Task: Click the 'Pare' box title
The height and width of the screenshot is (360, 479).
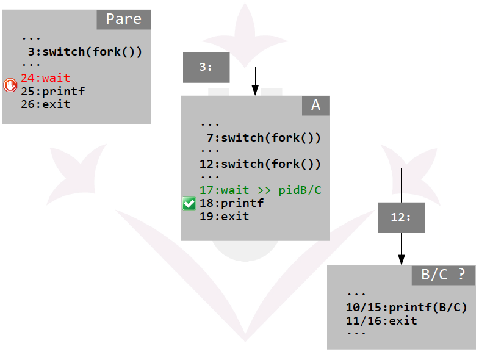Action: tap(123, 19)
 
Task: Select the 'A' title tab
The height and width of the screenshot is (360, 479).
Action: tap(315, 105)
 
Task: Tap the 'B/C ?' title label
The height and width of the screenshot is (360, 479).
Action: tap(444, 275)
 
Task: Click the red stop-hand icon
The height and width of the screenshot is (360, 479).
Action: tap(10, 85)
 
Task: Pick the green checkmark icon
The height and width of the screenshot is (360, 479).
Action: tap(189, 204)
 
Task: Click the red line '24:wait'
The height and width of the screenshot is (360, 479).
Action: tap(45, 78)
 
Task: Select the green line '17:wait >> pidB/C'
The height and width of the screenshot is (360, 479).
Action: tap(260, 190)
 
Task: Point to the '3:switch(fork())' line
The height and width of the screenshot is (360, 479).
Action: tap(84, 51)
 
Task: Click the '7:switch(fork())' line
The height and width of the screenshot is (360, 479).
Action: tap(263, 138)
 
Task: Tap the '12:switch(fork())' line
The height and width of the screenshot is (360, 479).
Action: tap(260, 164)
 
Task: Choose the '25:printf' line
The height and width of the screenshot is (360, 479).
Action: tap(52, 92)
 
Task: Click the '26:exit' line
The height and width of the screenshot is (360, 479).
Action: tap(45, 104)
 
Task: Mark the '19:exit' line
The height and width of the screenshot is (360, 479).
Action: tap(224, 217)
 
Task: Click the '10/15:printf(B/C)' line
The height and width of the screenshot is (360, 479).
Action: tap(406, 307)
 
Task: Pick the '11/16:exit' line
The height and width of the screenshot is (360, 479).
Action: tap(381, 320)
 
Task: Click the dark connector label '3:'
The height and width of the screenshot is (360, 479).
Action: tap(206, 67)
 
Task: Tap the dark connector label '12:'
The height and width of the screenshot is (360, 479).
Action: tap(401, 217)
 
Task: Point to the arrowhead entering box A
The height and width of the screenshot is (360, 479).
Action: tap(256, 91)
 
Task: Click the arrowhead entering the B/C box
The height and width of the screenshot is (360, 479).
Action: tap(401, 261)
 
